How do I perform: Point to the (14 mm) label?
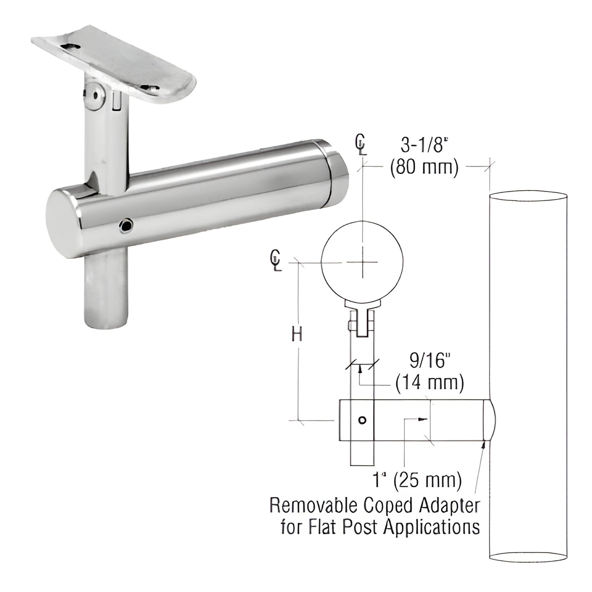click(x=429, y=383)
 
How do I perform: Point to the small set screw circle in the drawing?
click(x=361, y=420)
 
